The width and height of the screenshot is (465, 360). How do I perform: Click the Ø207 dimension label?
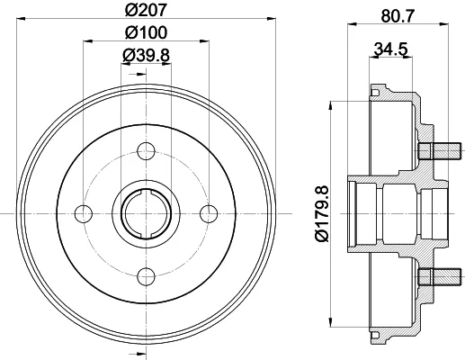click(x=146, y=10)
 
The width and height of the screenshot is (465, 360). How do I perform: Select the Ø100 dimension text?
click(x=146, y=32)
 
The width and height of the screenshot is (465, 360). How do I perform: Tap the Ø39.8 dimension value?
click(x=146, y=55)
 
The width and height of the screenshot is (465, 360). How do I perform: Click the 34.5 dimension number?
click(x=390, y=49)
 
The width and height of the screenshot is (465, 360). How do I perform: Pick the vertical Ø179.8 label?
click(x=322, y=213)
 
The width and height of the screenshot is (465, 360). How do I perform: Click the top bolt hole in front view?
click(x=146, y=151)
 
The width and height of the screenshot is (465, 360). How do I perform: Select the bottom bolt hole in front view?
click(x=146, y=276)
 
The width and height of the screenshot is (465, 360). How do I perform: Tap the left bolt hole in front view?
click(x=84, y=213)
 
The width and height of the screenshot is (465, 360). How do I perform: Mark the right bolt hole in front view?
click(x=209, y=213)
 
